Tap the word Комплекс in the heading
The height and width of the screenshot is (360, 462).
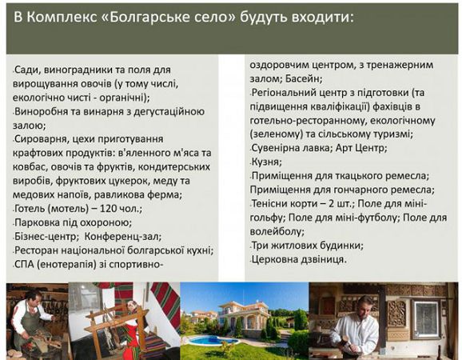pyautogui.click(x=62, y=18)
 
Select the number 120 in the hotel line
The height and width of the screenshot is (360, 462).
pyautogui.click(x=109, y=209)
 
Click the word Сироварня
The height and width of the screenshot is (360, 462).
pyautogui.click(x=40, y=139)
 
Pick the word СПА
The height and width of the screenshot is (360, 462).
pyautogui.click(x=24, y=265)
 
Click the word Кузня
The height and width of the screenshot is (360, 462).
pyautogui.click(x=266, y=162)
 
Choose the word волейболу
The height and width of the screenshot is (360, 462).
pyautogui.click(x=277, y=232)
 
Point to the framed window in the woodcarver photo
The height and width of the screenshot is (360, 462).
pyautogui.click(x=427, y=316)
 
